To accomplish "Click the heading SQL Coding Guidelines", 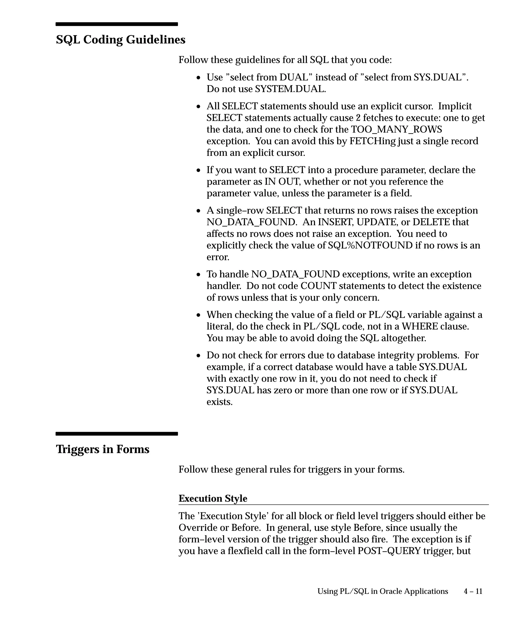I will point(120,40).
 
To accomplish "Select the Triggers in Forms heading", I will point(103,449).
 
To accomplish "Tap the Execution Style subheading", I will point(213,498).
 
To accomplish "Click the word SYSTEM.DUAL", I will point(290,89).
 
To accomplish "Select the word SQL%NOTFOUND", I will point(370,245).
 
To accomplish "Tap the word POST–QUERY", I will point(389,551).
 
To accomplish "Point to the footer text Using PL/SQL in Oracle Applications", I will point(382,591).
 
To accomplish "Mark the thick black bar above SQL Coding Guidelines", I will point(117,24).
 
